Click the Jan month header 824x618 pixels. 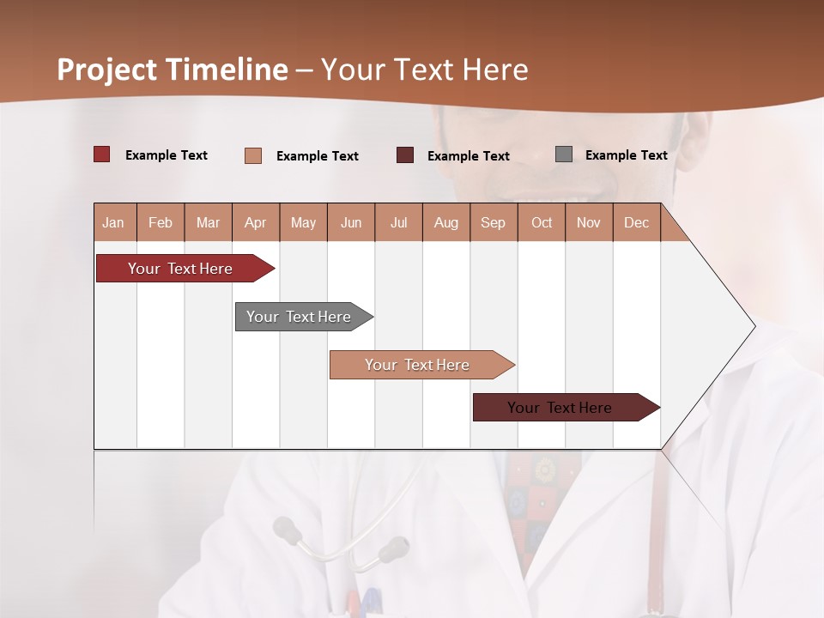click(114, 222)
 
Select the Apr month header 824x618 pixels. click(256, 222)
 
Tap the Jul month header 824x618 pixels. click(398, 222)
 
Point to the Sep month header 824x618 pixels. click(494, 222)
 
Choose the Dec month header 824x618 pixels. click(636, 222)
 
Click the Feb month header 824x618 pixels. click(161, 222)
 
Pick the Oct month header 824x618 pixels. click(542, 222)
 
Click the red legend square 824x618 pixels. click(102, 154)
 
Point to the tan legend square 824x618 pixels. click(253, 155)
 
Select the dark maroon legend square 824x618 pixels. click(405, 155)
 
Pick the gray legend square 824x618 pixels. click(564, 154)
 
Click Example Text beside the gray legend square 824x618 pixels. click(626, 154)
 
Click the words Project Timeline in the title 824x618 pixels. click(173, 70)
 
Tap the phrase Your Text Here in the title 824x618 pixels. click(425, 70)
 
